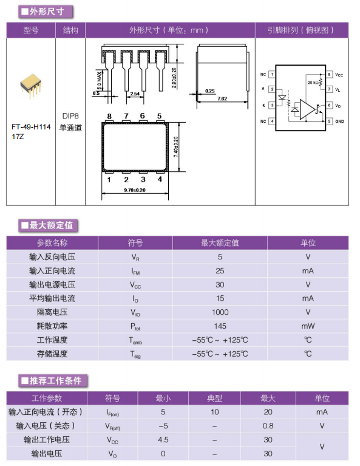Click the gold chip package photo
(x=30, y=85)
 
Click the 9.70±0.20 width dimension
(x=135, y=190)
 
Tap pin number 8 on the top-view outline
(x=109, y=116)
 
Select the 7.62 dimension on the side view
(x=222, y=98)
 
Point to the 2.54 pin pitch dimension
(x=135, y=94)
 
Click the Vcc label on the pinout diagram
(x=339, y=75)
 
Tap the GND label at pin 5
(x=339, y=122)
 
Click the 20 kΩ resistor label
(x=313, y=82)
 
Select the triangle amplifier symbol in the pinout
(x=307, y=109)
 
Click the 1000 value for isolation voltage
(x=220, y=312)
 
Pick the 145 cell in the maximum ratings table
(x=220, y=326)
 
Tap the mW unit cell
(x=308, y=326)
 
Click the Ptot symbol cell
(x=135, y=326)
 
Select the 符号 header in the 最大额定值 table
(x=135, y=243)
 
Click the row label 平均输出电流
(x=52, y=298)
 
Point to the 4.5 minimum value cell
(x=163, y=439)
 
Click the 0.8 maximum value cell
(x=268, y=426)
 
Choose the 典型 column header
(x=214, y=398)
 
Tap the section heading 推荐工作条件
(x=55, y=380)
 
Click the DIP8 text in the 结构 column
(x=70, y=116)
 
